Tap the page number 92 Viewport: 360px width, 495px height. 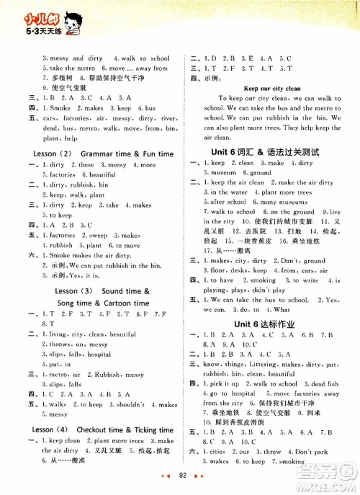coord(179,476)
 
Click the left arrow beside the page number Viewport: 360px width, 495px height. coord(162,476)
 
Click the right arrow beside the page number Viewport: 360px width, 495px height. coord(197,476)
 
